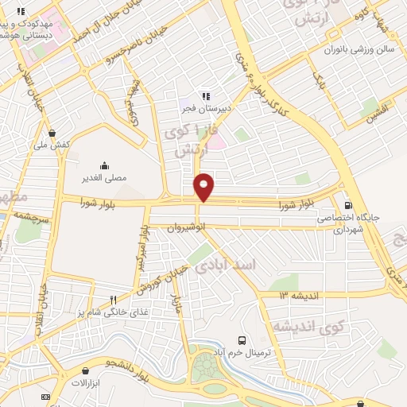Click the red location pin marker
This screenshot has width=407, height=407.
[204, 186]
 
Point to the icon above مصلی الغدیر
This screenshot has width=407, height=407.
[104, 165]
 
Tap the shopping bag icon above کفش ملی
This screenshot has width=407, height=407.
[52, 133]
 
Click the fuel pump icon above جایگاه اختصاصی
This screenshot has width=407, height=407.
[347, 204]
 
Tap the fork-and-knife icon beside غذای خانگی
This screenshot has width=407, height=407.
[113, 300]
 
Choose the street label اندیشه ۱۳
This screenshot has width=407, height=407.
[299, 296]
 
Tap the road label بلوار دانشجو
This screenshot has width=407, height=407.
[128, 366]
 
